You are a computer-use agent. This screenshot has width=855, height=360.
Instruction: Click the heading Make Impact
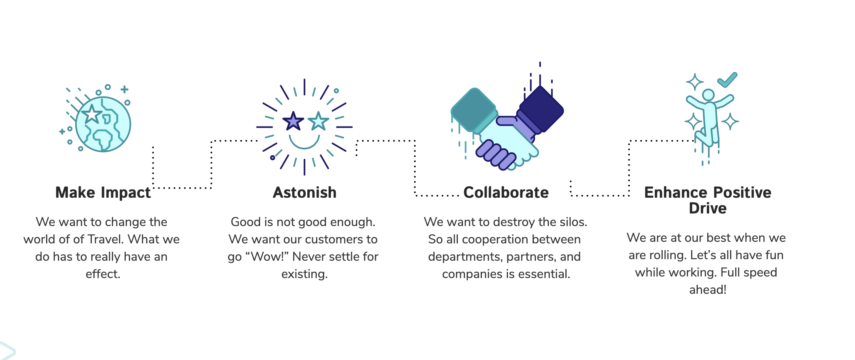pyautogui.click(x=103, y=193)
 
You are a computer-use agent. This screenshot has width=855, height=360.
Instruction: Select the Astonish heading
pyautogui.click(x=305, y=193)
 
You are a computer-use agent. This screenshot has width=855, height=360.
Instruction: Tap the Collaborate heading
pyautogui.click(x=506, y=193)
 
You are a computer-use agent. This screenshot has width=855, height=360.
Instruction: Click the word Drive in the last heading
pyautogui.click(x=708, y=208)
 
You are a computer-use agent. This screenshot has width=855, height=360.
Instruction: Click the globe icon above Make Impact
pyautogui.click(x=103, y=124)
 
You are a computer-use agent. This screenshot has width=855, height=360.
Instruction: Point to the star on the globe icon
pyautogui.click(x=92, y=114)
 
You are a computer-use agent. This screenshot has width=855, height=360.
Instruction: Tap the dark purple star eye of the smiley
pyautogui.click(x=293, y=121)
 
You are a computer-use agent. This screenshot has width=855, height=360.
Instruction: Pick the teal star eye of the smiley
pyautogui.click(x=318, y=121)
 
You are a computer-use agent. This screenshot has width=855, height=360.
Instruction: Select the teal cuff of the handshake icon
pyautogui.click(x=473, y=110)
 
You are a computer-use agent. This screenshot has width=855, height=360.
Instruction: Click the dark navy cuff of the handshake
pyautogui.click(x=541, y=109)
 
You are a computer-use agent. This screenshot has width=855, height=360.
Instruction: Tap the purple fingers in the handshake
pyautogui.click(x=496, y=155)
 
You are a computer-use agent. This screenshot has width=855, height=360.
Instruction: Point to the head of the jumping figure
pyautogui.click(x=708, y=95)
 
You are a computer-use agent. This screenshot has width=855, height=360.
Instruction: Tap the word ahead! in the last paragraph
pyautogui.click(x=708, y=290)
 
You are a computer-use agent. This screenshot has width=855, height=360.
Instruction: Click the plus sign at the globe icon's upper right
pyautogui.click(x=125, y=89)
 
